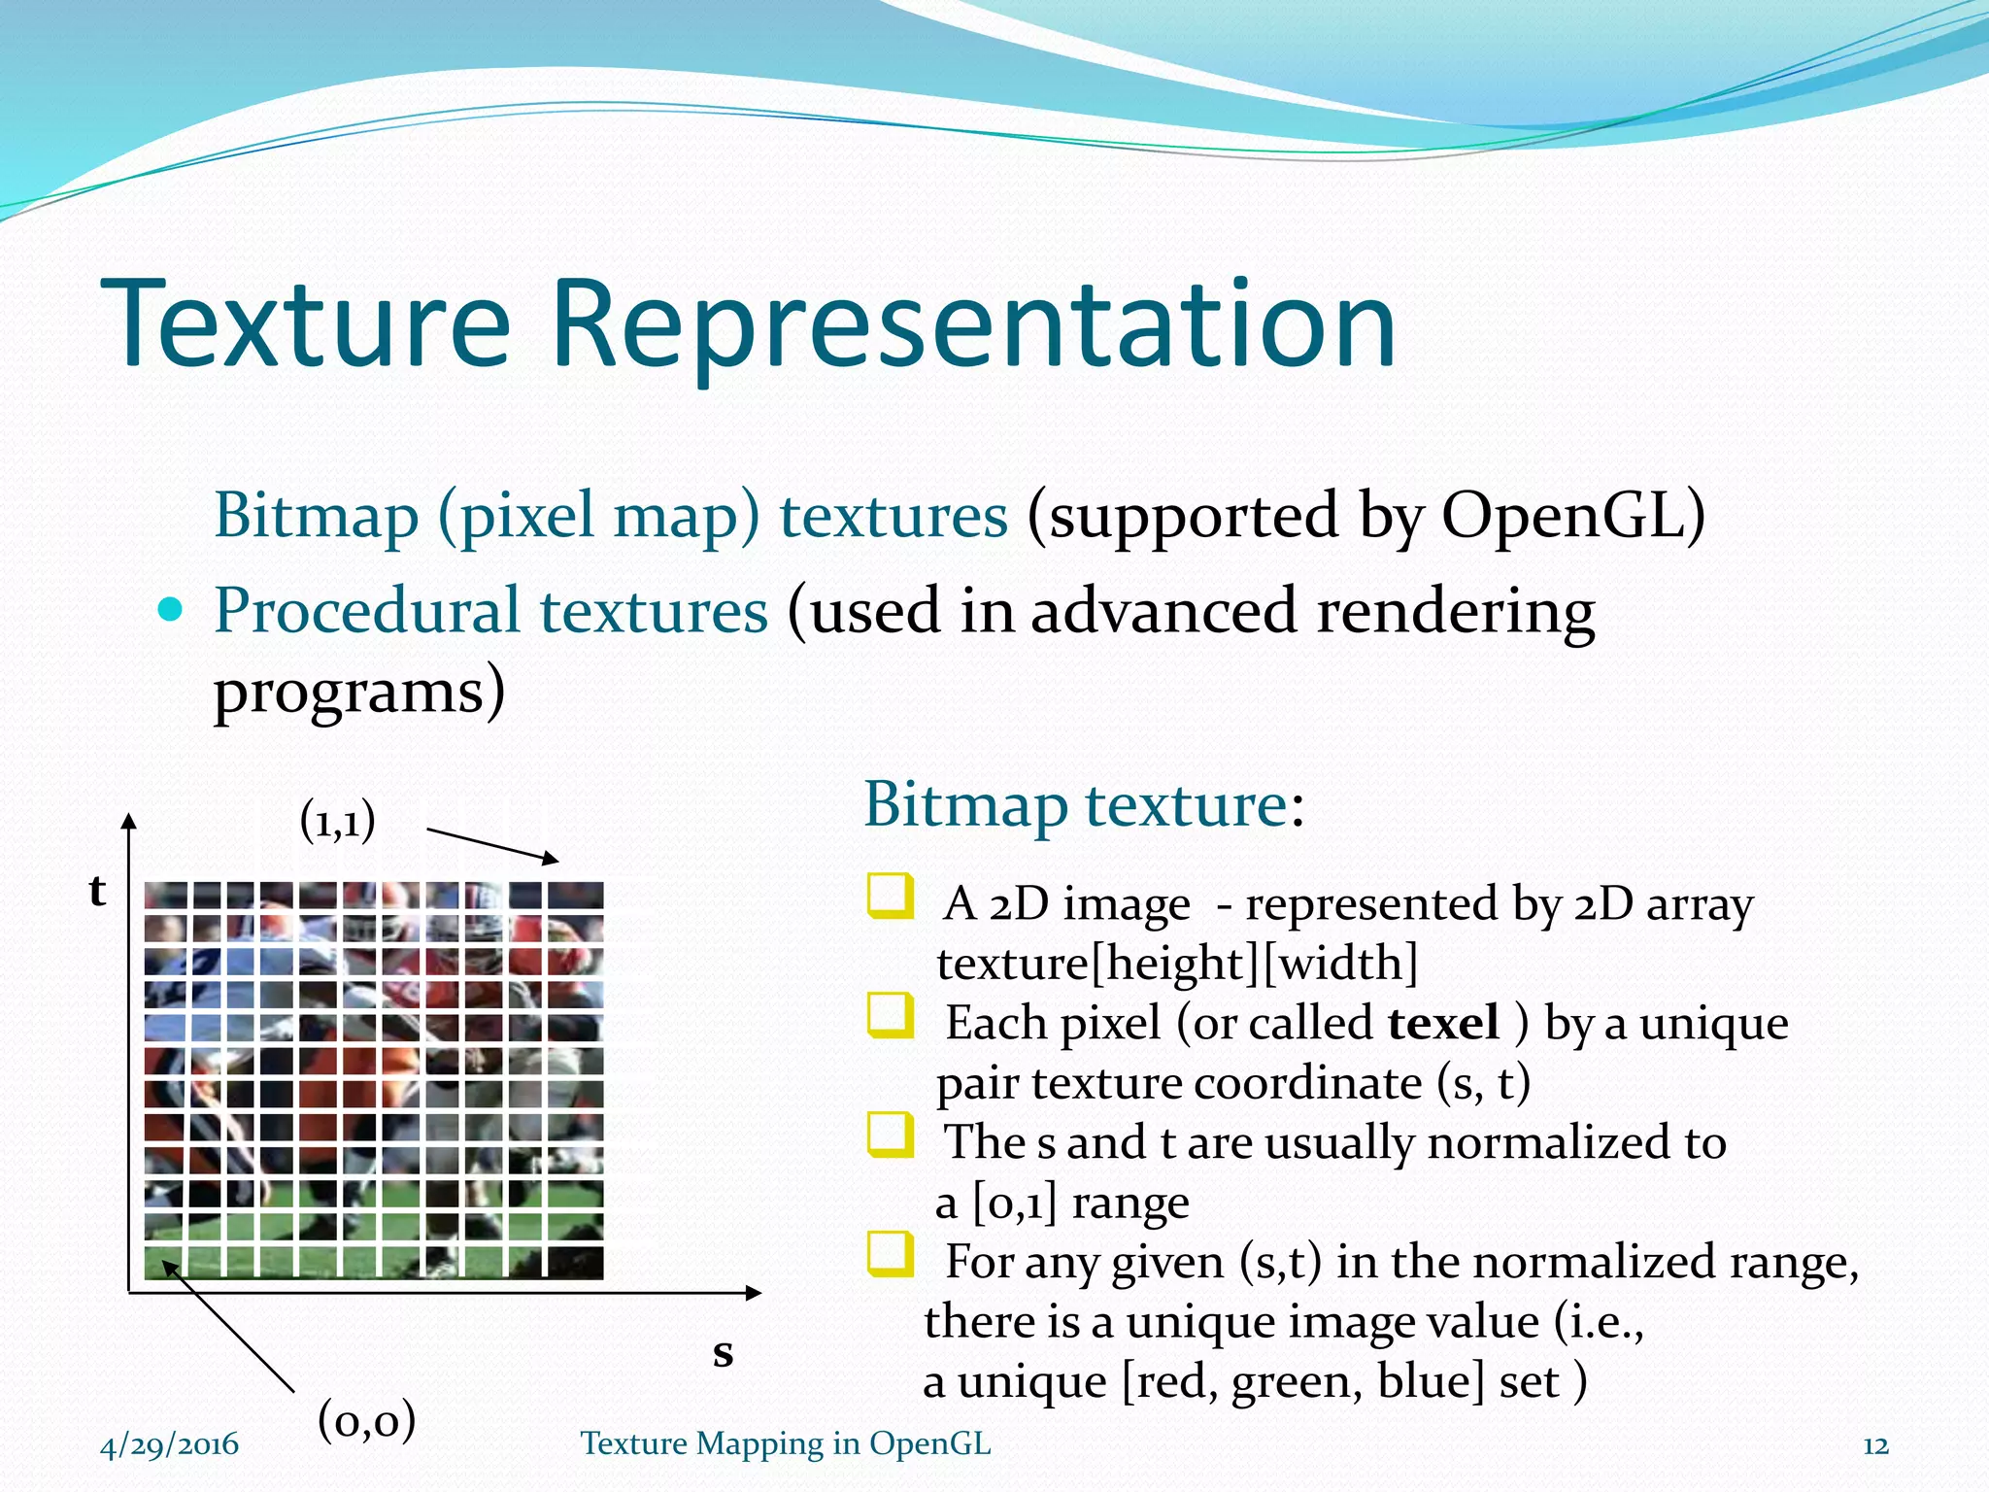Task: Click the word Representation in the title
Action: coord(973,326)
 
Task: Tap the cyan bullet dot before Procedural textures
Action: coord(170,610)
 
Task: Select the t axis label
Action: coord(97,890)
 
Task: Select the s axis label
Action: coord(723,1352)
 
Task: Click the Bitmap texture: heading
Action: coord(1083,805)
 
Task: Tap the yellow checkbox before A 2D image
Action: coord(890,897)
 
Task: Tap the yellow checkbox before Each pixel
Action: coord(890,1016)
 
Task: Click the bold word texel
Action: coord(1443,1023)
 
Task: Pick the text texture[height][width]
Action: coord(1177,964)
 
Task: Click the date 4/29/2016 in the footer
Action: coord(169,1444)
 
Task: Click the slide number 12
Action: coord(1875,1445)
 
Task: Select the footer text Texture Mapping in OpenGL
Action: coord(786,1443)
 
